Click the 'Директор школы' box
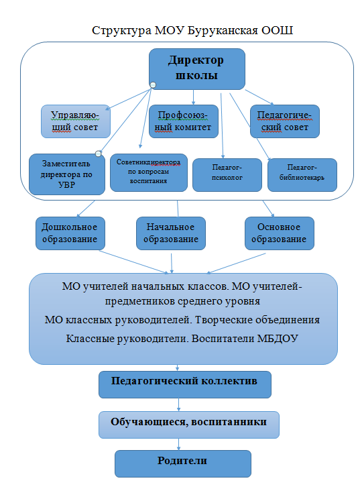[197, 68]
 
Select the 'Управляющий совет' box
[76, 121]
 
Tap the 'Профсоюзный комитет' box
[184, 121]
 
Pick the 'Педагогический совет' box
[285, 121]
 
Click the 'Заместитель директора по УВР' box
[67, 174]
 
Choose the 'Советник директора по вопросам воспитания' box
[149, 173]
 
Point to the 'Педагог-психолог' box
[227, 175]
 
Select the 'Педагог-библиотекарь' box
[302, 175]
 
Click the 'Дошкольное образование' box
[70, 233]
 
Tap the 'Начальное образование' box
[171, 233]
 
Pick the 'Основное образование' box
[280, 233]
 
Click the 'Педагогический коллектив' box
[185, 384]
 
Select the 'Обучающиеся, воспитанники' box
[189, 425]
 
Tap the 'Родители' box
[183, 463]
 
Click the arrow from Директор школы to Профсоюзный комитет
[193, 97]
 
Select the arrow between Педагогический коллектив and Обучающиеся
[179, 404]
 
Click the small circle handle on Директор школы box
[153, 85]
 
